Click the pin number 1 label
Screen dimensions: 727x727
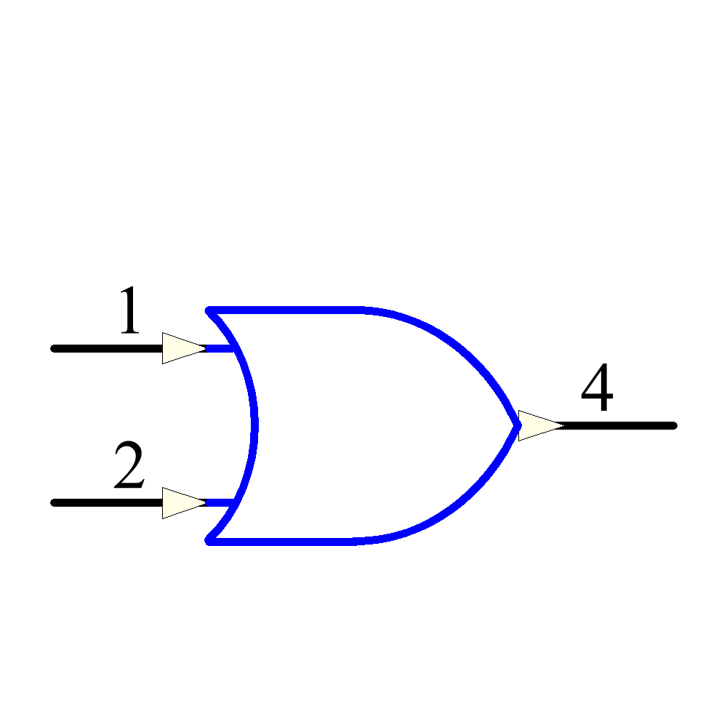pos(130,310)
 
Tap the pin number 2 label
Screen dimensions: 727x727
pos(129,464)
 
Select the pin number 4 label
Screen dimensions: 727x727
pos(597,387)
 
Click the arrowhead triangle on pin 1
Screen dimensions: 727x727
pos(184,348)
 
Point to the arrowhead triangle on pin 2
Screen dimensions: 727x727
pos(184,503)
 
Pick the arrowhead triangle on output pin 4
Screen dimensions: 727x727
pos(541,425)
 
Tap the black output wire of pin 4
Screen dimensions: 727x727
pos(616,425)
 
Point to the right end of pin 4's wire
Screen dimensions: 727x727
pos(676,425)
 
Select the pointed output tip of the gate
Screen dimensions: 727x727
pos(519,425)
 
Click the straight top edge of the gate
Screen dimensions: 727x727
pos(284,310)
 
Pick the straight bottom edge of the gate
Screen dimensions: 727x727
pos(280,542)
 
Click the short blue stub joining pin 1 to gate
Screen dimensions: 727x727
pos(220,349)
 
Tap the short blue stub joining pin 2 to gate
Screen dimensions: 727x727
pos(220,503)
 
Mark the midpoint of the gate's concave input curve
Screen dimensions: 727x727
pos(254,425)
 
